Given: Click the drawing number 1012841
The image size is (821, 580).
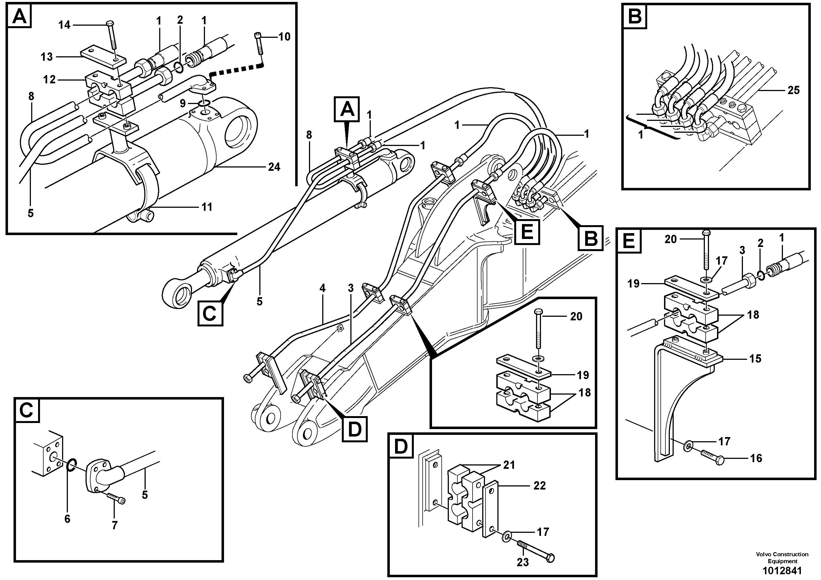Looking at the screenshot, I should coord(782,571).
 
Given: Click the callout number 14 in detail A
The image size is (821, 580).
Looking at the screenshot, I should coord(64,25).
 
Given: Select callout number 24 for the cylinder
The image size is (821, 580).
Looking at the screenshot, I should coord(274,167).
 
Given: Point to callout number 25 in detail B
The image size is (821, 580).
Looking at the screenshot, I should coord(793,90).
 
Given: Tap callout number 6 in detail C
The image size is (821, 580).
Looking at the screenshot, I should coord(67,518).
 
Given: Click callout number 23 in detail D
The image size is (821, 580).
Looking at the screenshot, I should coord(523,562).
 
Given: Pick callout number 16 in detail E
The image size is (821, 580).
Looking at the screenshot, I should coord(756,458).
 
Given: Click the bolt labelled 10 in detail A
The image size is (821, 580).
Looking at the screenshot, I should coord(259,44).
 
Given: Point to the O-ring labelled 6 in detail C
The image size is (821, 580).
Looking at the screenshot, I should coord(71,464).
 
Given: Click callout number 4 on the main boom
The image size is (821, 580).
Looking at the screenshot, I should coord(322,288).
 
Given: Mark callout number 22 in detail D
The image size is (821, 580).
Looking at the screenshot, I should coord(539,486).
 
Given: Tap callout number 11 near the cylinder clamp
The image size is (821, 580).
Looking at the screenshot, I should coord(207,207).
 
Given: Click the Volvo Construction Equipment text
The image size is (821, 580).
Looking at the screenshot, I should coord(782,557).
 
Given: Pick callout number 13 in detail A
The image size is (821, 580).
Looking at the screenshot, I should coord(47,57).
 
